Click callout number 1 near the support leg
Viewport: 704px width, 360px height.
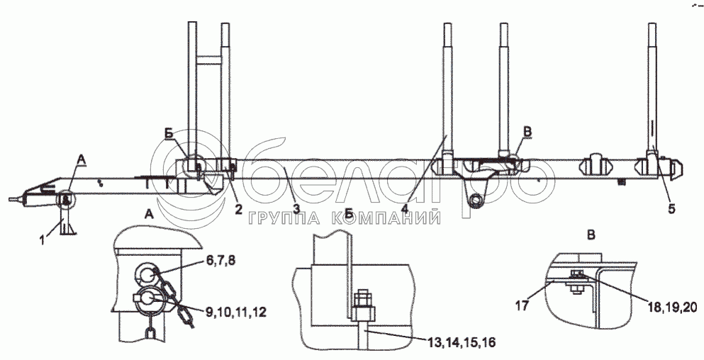tap(43, 240)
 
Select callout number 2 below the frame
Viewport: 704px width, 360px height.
tap(238, 209)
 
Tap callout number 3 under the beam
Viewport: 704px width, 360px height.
tap(296, 209)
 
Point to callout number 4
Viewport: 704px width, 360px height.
tap(405, 209)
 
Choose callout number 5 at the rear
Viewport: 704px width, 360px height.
tap(671, 209)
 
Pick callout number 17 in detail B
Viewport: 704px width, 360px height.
tap(523, 306)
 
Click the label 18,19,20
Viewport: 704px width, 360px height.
tap(673, 307)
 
